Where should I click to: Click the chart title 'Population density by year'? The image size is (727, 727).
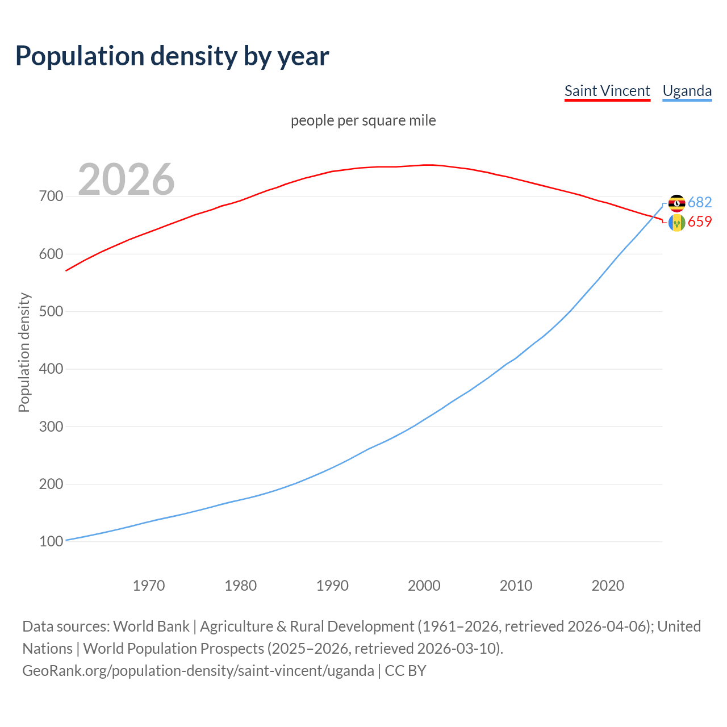[172, 56]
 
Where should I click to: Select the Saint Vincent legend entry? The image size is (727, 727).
[607, 91]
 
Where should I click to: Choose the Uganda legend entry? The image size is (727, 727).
[687, 91]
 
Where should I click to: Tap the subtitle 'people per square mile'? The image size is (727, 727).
[363, 120]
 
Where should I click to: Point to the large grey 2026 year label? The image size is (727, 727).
[126, 179]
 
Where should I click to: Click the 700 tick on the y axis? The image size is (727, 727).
[51, 197]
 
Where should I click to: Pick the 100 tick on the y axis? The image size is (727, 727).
[51, 541]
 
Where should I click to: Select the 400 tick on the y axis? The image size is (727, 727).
[51, 369]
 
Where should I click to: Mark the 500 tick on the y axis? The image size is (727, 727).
[51, 311]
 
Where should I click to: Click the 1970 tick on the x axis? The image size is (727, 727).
[149, 586]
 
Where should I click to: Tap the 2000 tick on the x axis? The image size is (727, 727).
[424, 586]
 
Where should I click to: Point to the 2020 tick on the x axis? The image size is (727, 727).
[608, 586]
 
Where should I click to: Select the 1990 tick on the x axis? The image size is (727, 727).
[332, 586]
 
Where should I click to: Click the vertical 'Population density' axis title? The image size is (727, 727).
[24, 352]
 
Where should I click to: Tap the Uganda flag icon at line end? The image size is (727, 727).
[676, 203]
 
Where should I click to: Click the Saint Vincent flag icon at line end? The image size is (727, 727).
[676, 223]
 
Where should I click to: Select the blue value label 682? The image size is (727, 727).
[700, 203]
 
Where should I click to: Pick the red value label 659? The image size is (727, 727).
[700, 222]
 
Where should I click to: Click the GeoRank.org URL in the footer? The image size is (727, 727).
[198, 671]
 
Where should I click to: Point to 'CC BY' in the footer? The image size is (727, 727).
[406, 671]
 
